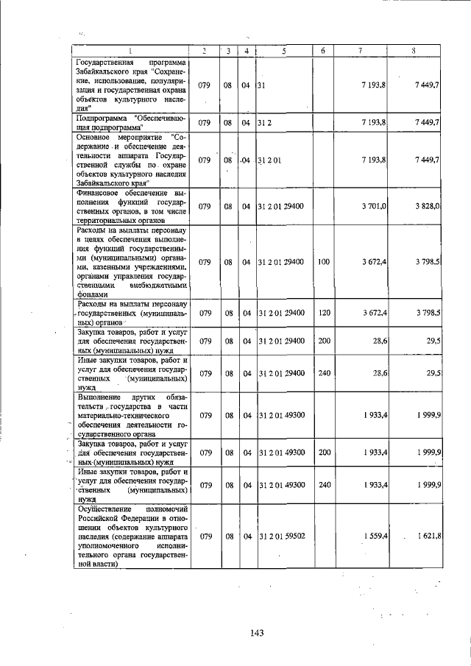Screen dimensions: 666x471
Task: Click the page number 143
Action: pyautogui.click(x=256, y=632)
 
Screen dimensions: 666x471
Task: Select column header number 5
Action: pyautogui.click(x=283, y=51)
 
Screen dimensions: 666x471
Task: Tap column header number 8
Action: pyautogui.click(x=414, y=51)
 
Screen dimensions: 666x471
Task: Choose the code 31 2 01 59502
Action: pyautogui.click(x=283, y=536)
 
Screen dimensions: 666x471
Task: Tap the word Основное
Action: pyautogui.click(x=98, y=136)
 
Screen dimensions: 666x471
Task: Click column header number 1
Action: pyautogui.click(x=131, y=51)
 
